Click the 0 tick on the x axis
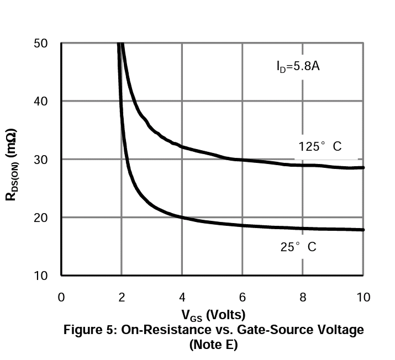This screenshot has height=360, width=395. click(61, 297)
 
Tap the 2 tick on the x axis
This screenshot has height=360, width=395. click(122, 297)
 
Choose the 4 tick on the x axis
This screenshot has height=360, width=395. click(182, 297)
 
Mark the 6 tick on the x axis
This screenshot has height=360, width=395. click(242, 297)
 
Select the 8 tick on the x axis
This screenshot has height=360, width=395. click(302, 297)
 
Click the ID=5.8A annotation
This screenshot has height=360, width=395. click(299, 67)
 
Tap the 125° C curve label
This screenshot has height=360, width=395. click(320, 147)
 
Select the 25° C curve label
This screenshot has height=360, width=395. click(298, 247)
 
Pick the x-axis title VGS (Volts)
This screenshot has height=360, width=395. click(213, 315)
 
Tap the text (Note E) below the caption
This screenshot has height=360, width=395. click(213, 345)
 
